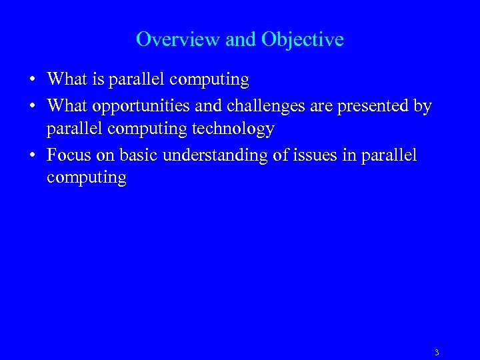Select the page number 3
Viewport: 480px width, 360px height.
436,353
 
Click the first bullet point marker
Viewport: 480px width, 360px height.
32,80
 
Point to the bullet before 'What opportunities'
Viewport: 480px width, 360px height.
32,106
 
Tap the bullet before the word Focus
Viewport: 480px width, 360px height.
32,155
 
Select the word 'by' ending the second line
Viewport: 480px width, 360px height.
423,106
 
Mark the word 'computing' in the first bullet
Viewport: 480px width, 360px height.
209,80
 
